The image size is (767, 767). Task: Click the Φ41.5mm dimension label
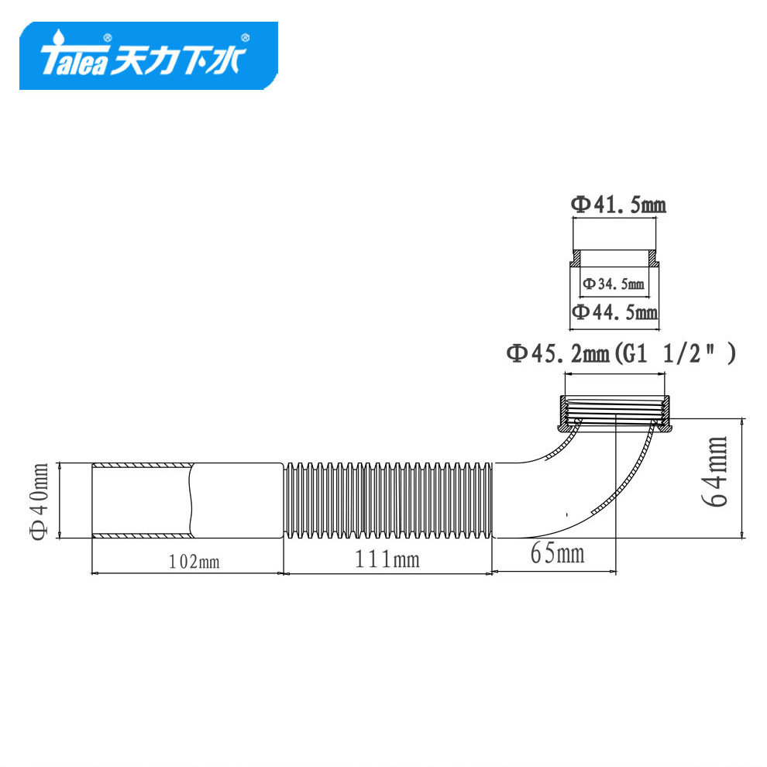(x=618, y=205)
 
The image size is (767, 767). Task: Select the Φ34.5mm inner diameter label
(x=614, y=284)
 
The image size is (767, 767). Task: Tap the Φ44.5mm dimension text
(x=615, y=311)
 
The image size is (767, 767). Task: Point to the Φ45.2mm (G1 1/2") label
(x=621, y=353)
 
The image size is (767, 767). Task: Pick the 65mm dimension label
(x=557, y=554)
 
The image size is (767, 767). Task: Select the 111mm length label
(x=387, y=559)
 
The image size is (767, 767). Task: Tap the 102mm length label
(x=194, y=562)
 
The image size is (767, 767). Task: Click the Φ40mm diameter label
(x=40, y=501)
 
